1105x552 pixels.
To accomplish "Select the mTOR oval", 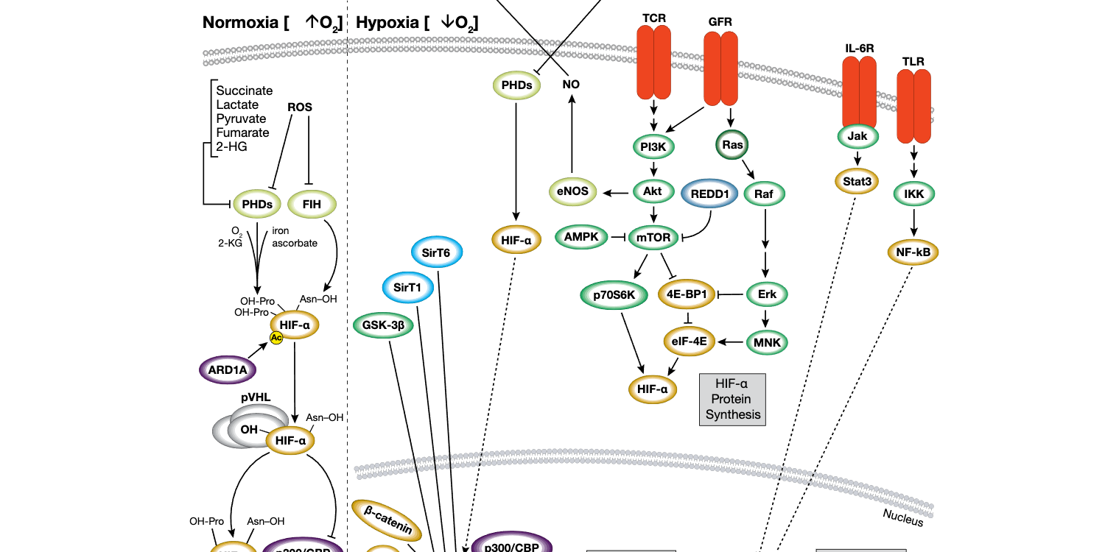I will point(653,237).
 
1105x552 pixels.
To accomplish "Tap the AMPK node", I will point(583,236).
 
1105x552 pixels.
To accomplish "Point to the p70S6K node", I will point(613,295).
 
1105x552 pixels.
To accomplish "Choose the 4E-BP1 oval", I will point(687,294).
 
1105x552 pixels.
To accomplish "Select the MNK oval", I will point(767,342).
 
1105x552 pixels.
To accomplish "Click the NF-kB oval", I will point(913,252).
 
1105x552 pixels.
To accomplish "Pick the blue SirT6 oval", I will point(436,253).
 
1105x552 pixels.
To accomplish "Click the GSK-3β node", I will point(383,325).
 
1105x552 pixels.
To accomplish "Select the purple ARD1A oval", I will point(227,369).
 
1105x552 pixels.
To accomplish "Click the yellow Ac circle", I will point(276,337).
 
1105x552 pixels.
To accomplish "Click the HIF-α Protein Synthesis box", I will point(732,399).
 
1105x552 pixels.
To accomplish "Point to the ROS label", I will point(300,107).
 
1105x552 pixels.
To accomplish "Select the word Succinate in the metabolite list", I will point(245,91).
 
